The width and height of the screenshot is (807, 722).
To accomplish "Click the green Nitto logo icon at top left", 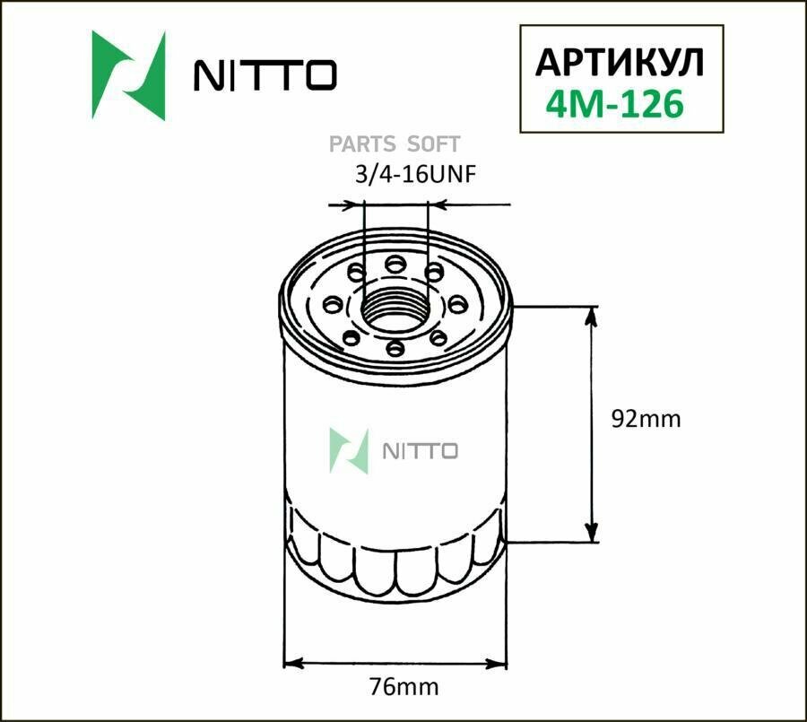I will click(129, 75).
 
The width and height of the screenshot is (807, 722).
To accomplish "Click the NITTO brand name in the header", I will click(265, 75).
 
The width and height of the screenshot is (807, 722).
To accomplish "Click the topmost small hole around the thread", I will click(395, 263).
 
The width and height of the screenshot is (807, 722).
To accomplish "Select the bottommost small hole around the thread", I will click(394, 350).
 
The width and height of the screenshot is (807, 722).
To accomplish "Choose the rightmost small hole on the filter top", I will click(456, 304).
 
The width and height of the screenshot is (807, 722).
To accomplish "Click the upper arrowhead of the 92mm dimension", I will click(591, 314).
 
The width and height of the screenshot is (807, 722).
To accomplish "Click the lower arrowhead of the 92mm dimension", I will click(591, 534).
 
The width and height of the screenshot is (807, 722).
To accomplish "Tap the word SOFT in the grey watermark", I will click(434, 144).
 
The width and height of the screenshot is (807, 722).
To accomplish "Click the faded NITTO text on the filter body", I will click(421, 450).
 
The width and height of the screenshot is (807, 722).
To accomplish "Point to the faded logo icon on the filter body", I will click(349, 450).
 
